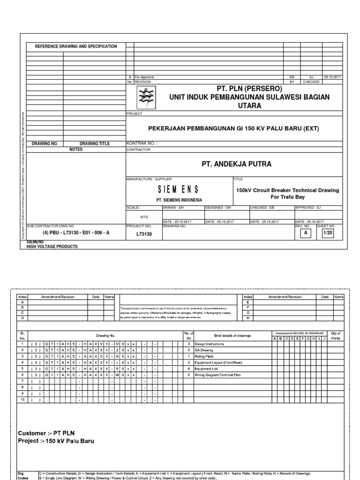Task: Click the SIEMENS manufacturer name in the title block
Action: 179,189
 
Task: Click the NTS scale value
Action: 144,217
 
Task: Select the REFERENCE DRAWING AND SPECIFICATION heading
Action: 76,46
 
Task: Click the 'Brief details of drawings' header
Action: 226,336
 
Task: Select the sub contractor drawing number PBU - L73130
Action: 76,232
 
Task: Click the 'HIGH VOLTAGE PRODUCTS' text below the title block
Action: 52,246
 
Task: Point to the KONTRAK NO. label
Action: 142,143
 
